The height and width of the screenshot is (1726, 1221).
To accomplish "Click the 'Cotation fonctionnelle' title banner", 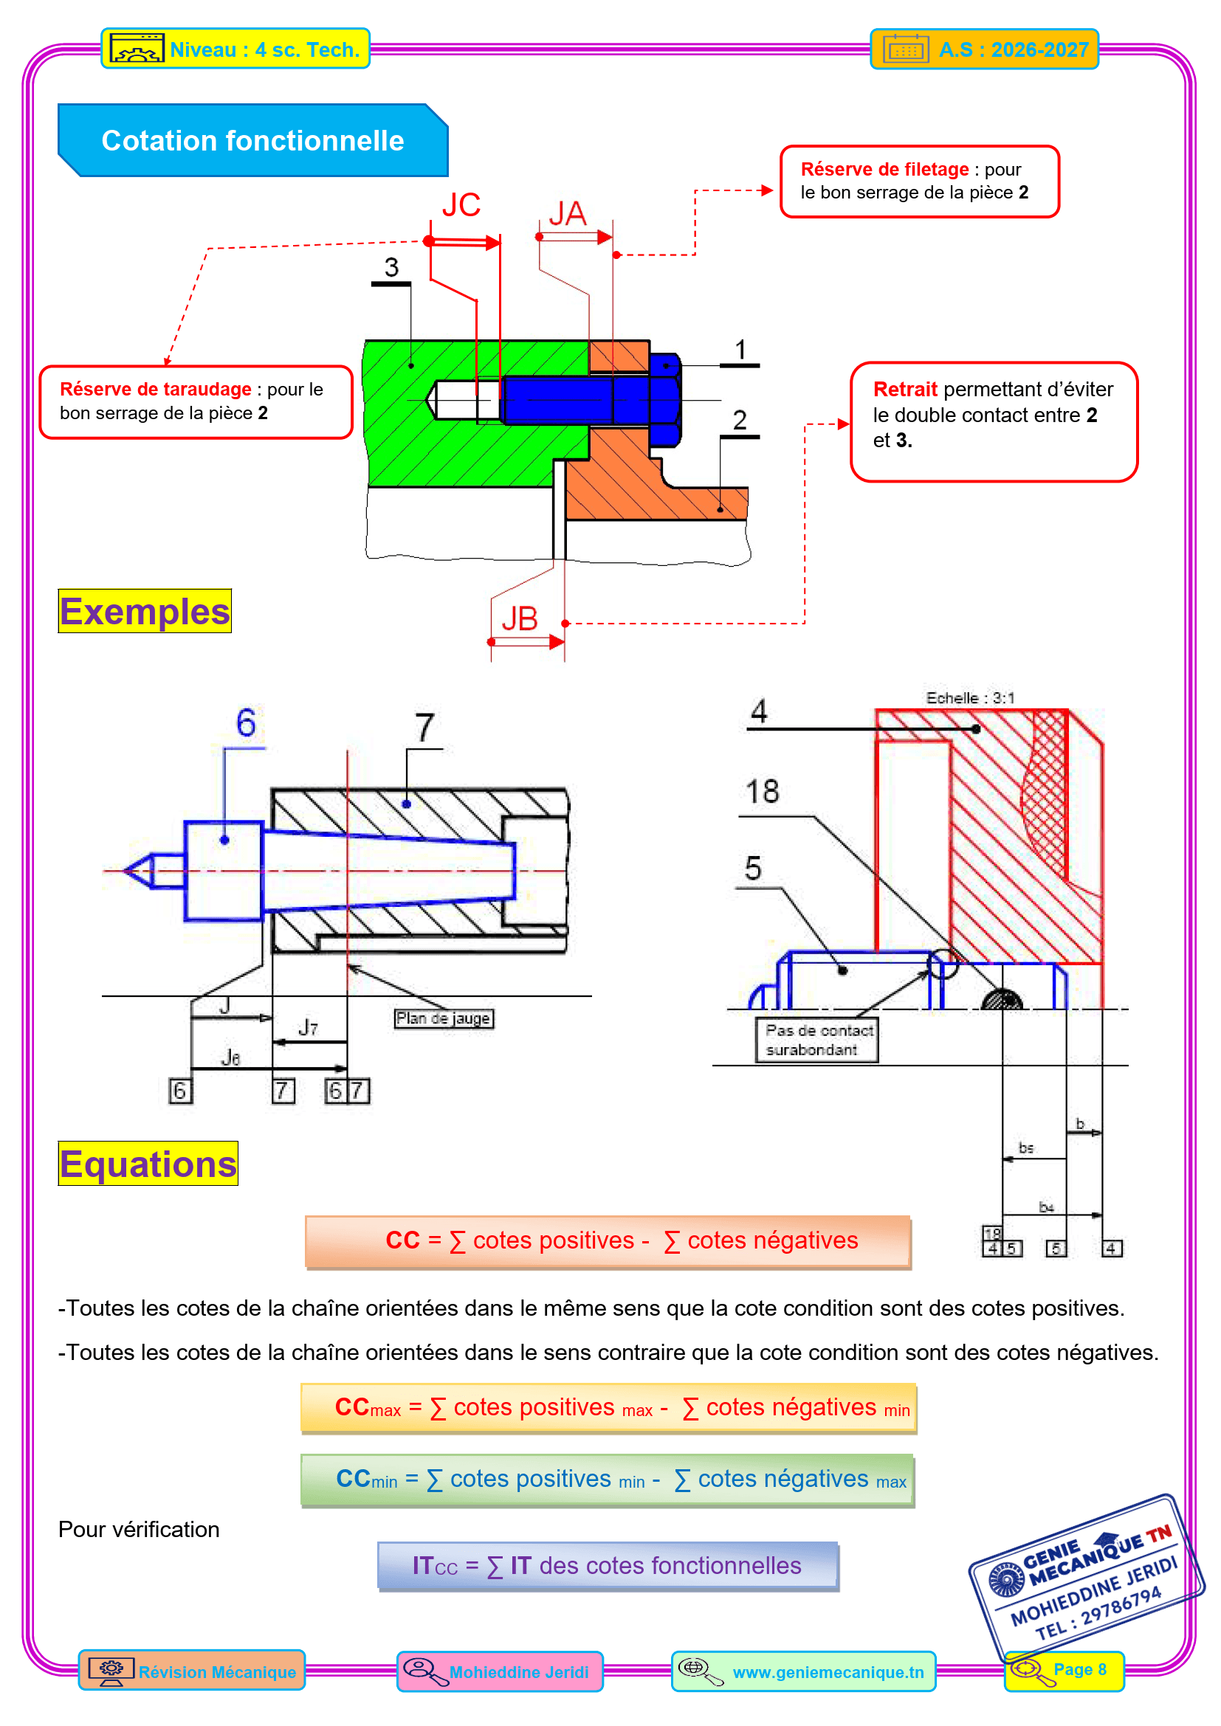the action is coord(252,141).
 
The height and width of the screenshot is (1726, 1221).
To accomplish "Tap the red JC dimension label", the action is coord(461,205).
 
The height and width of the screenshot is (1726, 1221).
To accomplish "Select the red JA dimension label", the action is coord(567,213).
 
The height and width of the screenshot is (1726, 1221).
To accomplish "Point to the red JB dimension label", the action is coord(520,618).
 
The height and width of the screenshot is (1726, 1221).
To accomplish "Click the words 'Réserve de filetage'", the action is coord(884,169).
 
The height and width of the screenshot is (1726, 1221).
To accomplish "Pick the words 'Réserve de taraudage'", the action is coord(156,389).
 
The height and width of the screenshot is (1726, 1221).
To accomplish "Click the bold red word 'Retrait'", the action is coord(904,389).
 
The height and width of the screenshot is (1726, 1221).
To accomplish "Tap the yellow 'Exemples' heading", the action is coord(145,610).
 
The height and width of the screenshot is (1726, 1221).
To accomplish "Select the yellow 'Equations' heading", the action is coord(148,1163).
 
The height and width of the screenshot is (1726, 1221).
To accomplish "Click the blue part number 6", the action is coord(246,722).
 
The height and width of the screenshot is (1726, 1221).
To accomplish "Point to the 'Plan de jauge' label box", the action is coord(444,1018).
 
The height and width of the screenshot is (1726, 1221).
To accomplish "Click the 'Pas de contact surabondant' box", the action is coord(817,1040).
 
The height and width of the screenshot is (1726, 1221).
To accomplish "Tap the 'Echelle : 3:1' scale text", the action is coord(970,697).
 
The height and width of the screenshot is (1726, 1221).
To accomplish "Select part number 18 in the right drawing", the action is coord(762,792).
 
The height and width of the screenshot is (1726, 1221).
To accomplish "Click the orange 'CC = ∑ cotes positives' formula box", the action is coord(608,1241).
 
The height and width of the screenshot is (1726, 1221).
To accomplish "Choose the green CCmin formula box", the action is coord(608,1480).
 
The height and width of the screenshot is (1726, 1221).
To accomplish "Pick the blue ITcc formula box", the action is coord(608,1566).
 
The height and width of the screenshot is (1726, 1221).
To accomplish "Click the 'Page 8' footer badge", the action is coord(1064,1670).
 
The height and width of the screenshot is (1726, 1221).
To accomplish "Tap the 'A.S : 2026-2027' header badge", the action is coord(984,49).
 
